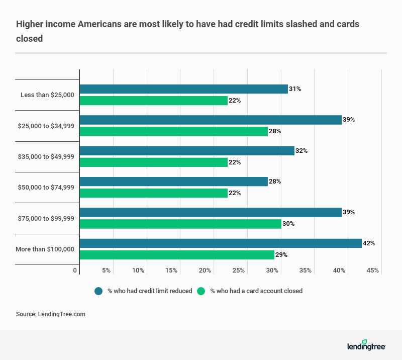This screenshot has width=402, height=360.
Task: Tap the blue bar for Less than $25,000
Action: coord(183,89)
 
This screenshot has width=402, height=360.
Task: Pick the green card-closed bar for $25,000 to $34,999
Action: coord(173,132)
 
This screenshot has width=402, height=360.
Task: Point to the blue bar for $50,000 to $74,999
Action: coord(173,182)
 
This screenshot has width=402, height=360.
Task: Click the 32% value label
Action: coord(301,151)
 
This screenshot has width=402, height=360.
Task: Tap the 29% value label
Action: coord(281,255)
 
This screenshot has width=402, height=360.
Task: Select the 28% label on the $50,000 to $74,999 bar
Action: coord(275,182)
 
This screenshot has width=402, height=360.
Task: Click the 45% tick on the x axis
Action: coord(373,271)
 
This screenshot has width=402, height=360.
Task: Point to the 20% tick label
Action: coord(205,271)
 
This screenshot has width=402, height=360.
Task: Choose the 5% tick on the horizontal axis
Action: coord(106,271)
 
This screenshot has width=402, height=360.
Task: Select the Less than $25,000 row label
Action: coord(47,95)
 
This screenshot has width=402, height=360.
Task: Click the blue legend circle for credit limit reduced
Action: coord(98,291)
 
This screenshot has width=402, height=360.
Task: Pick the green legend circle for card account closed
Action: coord(202,291)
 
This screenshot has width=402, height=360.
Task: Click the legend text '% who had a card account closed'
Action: coord(256,291)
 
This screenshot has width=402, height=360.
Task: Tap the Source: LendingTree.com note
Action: coord(51,314)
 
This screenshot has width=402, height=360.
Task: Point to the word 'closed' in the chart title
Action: coord(29,37)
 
